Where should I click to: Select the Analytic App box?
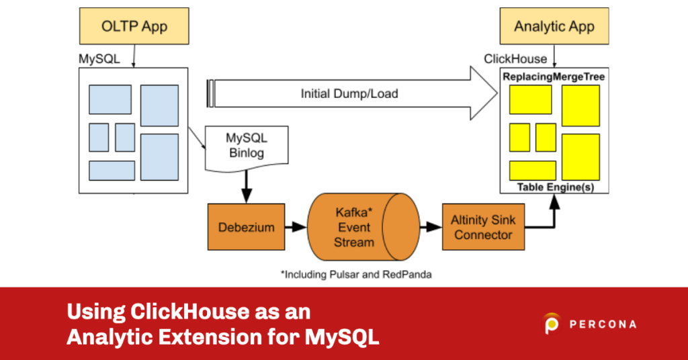(554, 27)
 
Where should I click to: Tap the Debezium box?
(246, 227)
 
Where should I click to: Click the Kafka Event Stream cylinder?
(354, 227)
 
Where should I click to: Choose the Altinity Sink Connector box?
(483, 227)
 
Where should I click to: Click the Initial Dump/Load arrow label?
(349, 93)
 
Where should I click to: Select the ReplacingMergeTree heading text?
(554, 77)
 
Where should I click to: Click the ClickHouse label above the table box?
(515, 59)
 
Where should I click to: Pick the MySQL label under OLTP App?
(99, 58)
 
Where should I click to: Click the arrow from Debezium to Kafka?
(295, 228)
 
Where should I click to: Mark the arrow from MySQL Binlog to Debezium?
(246, 185)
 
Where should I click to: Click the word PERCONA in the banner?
(602, 324)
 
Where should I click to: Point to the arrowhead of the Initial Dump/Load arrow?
(485, 93)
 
